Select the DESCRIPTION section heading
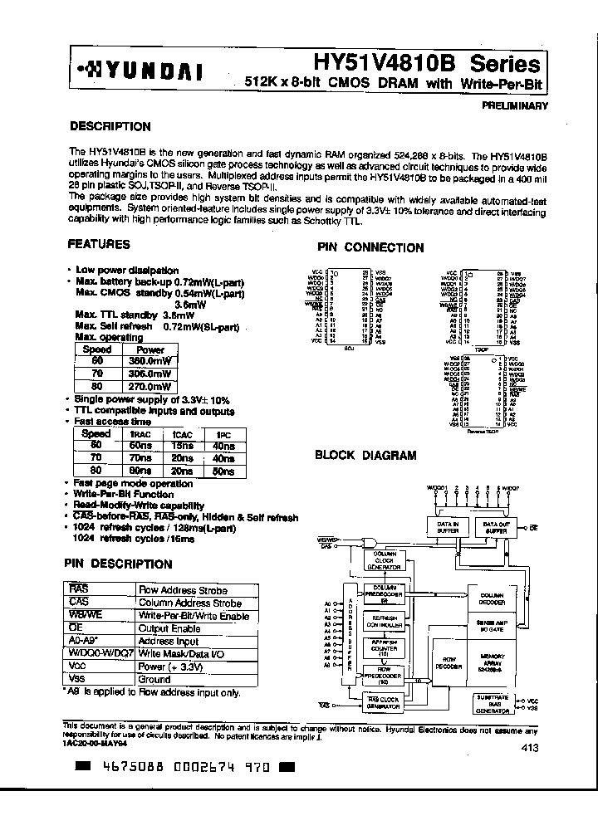coord(110,127)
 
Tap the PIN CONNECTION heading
coord(370,247)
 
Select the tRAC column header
coord(140,434)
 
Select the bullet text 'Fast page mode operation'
coord(133,483)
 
